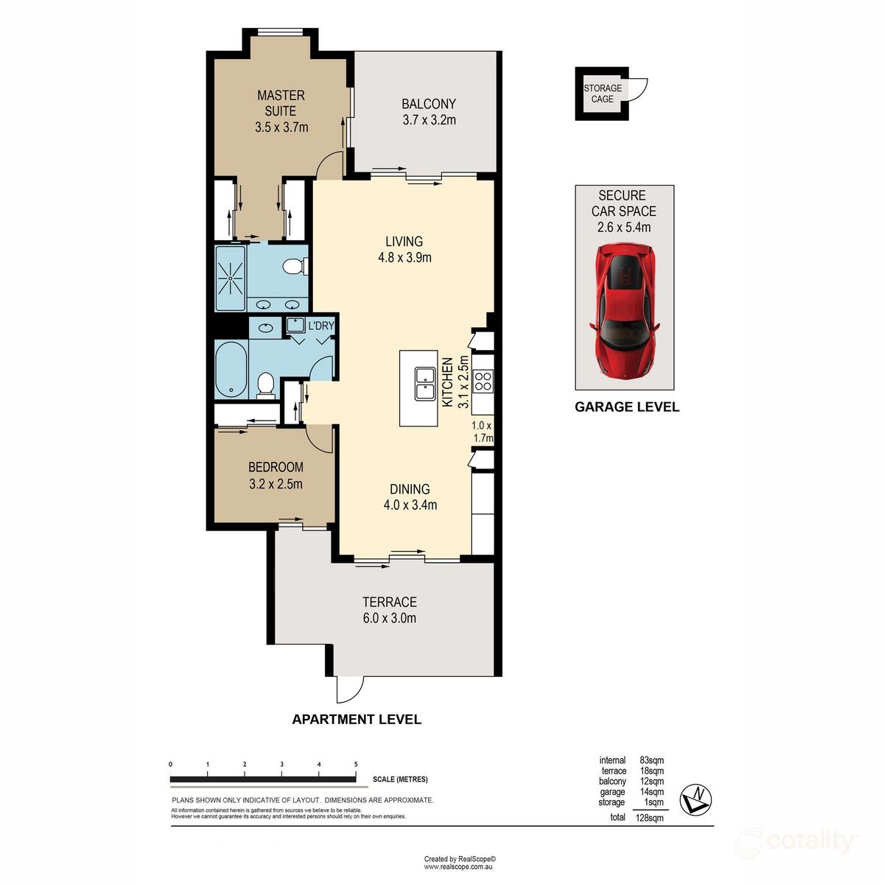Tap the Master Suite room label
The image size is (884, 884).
pyautogui.click(x=281, y=111)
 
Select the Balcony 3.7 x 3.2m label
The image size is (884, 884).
pyautogui.click(x=429, y=112)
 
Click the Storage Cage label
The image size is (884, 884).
pyautogui.click(x=603, y=94)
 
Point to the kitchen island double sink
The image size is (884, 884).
pyautogui.click(x=424, y=384)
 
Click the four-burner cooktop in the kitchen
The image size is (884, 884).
pyautogui.click(x=483, y=381)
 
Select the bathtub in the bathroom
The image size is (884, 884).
pyautogui.click(x=232, y=368)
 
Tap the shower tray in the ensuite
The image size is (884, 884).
pyautogui.click(x=231, y=278)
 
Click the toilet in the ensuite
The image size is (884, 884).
pyautogui.click(x=295, y=266)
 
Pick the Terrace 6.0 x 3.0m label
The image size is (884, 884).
pyautogui.click(x=390, y=610)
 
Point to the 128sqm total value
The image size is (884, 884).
pyautogui.click(x=651, y=817)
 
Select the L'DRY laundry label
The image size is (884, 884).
pyautogui.click(x=321, y=326)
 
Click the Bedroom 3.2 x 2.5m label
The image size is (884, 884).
pyautogui.click(x=276, y=475)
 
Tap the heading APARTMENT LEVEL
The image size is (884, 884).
pyautogui.click(x=357, y=720)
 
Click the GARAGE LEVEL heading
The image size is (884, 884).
pyautogui.click(x=626, y=407)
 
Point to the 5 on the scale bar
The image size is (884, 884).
pyautogui.click(x=356, y=765)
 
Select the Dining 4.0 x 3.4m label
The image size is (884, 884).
pyautogui.click(x=410, y=497)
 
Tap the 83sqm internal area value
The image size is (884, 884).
pyautogui.click(x=651, y=760)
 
